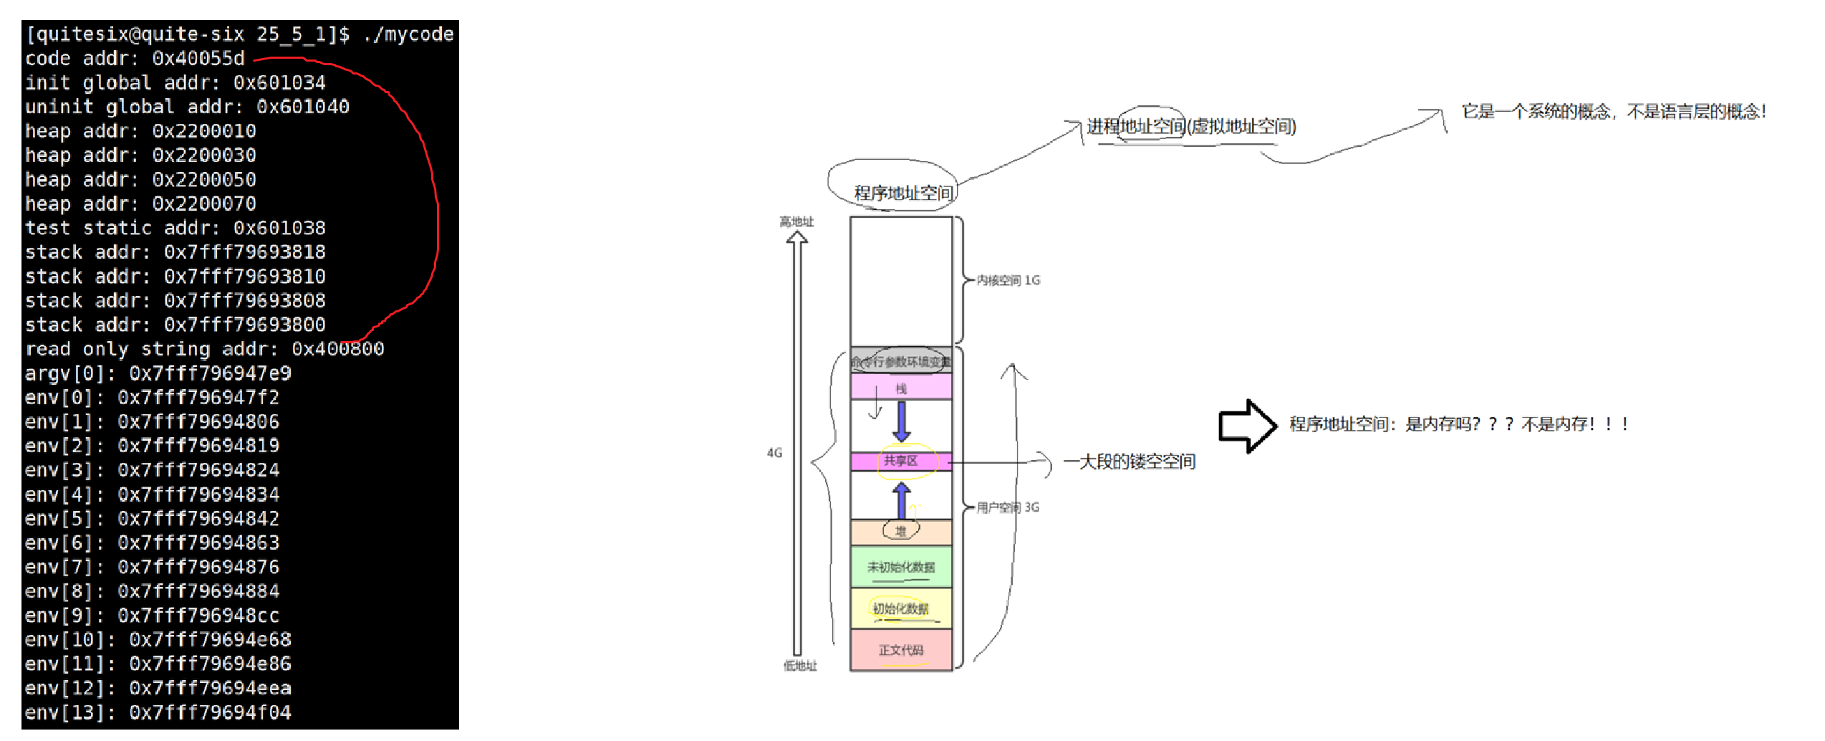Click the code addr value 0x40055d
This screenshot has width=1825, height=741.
point(198,58)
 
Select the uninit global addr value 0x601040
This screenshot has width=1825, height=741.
point(303,107)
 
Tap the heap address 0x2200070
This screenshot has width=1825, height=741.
point(204,204)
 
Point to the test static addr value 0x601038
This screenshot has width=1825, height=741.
point(279,228)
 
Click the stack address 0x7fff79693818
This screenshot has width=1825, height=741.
point(245,252)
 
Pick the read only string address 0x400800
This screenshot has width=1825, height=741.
point(337,349)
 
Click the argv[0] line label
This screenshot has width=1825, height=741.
point(69,373)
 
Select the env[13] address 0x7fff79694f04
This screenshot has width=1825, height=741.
point(210,712)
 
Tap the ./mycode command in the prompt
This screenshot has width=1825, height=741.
point(408,34)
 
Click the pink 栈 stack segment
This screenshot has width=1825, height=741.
point(901,388)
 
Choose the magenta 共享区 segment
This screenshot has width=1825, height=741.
point(900,461)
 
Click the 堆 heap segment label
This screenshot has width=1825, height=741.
point(900,531)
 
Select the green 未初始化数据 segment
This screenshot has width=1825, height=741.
point(900,567)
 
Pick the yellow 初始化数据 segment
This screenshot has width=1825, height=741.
point(900,608)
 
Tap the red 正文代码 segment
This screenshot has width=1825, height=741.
point(900,650)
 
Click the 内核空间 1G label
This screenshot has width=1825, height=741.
point(1008,280)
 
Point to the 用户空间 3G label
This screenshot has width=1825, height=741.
point(1008,507)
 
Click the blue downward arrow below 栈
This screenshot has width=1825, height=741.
point(902,421)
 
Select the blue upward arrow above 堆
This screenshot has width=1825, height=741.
point(902,500)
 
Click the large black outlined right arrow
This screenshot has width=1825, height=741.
point(1247,426)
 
